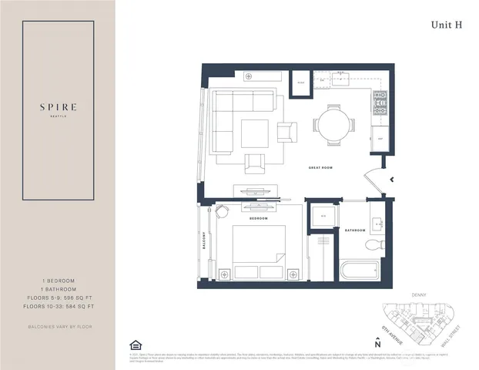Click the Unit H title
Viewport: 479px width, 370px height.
[447, 25]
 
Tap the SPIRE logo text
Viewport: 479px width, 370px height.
[58, 106]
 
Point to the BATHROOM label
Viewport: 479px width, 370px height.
[355, 230]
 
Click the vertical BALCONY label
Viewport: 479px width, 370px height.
[205, 247]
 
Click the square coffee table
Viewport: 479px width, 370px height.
[254, 133]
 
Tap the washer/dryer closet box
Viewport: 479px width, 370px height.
[322, 216]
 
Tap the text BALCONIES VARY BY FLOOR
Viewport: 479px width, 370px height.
[58, 327]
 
